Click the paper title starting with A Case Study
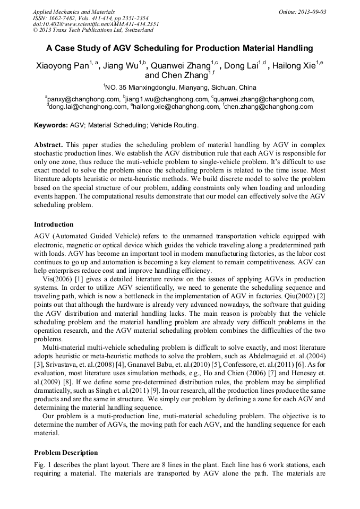(x=180, y=48)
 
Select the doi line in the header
(x=96, y=24)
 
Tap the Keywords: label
(x=51, y=126)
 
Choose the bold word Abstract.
(x=49, y=145)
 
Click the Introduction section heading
(x=54, y=225)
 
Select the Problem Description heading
(x=66, y=453)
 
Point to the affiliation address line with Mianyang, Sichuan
(x=179, y=87)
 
